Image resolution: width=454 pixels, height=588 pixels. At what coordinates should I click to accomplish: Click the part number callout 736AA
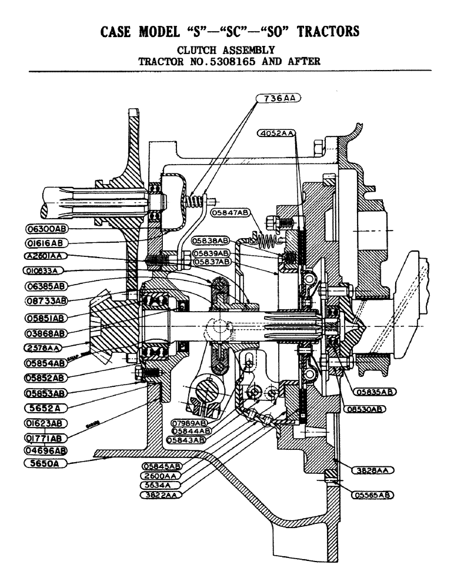pyautogui.click(x=278, y=99)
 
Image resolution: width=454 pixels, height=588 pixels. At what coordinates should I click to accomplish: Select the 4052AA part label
pyautogui.click(x=276, y=133)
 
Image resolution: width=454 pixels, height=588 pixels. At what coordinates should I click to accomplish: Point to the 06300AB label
pyautogui.click(x=47, y=228)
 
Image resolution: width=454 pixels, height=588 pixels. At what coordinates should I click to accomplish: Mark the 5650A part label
pyautogui.click(x=47, y=463)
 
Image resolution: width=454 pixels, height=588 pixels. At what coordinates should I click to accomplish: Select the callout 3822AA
pyautogui.click(x=161, y=495)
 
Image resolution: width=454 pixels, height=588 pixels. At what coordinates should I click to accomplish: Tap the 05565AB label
pyautogui.click(x=373, y=495)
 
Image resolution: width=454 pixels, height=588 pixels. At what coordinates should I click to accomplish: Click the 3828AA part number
pyautogui.click(x=373, y=470)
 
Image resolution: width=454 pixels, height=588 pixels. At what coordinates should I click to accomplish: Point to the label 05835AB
pyautogui.click(x=373, y=391)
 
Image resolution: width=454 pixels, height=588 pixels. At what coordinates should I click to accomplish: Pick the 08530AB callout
pyautogui.click(x=373, y=407)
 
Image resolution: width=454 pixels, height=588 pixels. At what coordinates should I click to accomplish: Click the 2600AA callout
pyautogui.click(x=161, y=476)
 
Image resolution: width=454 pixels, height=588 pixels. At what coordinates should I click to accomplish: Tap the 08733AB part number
pyautogui.click(x=47, y=300)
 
